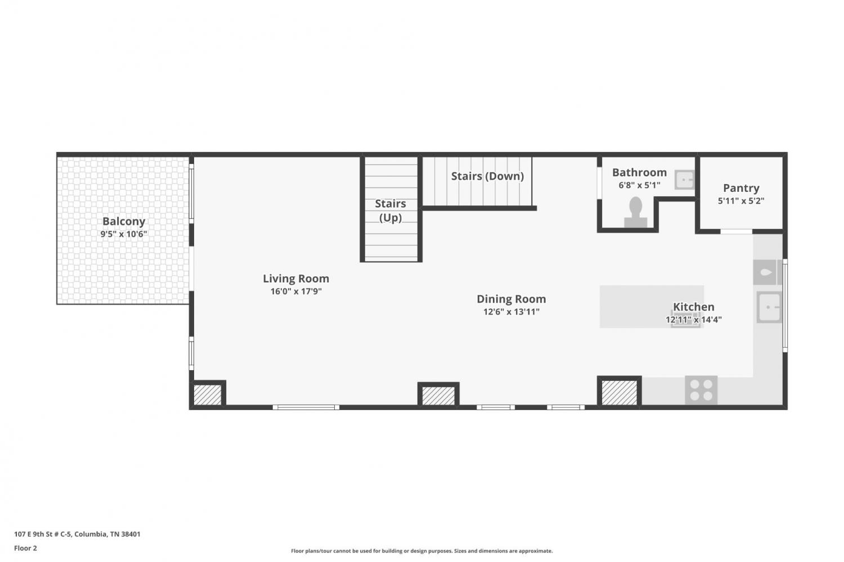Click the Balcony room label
(x=124, y=221)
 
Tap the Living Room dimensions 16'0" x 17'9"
(x=296, y=291)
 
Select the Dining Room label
(x=511, y=299)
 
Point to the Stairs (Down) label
(x=488, y=176)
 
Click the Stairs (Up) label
(x=390, y=210)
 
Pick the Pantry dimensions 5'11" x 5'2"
(x=741, y=201)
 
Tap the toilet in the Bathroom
(x=636, y=213)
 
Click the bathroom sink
(x=684, y=179)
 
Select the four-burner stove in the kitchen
(x=701, y=390)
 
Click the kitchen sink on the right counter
(x=769, y=307)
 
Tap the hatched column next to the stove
(x=619, y=393)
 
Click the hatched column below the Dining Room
(x=438, y=395)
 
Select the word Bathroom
(x=639, y=172)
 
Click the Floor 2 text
(x=26, y=548)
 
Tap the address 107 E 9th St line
(x=77, y=534)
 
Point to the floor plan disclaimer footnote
(x=421, y=551)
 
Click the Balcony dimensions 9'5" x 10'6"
(x=124, y=234)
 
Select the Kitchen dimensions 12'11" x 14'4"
(x=693, y=320)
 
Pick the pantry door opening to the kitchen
(x=736, y=231)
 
